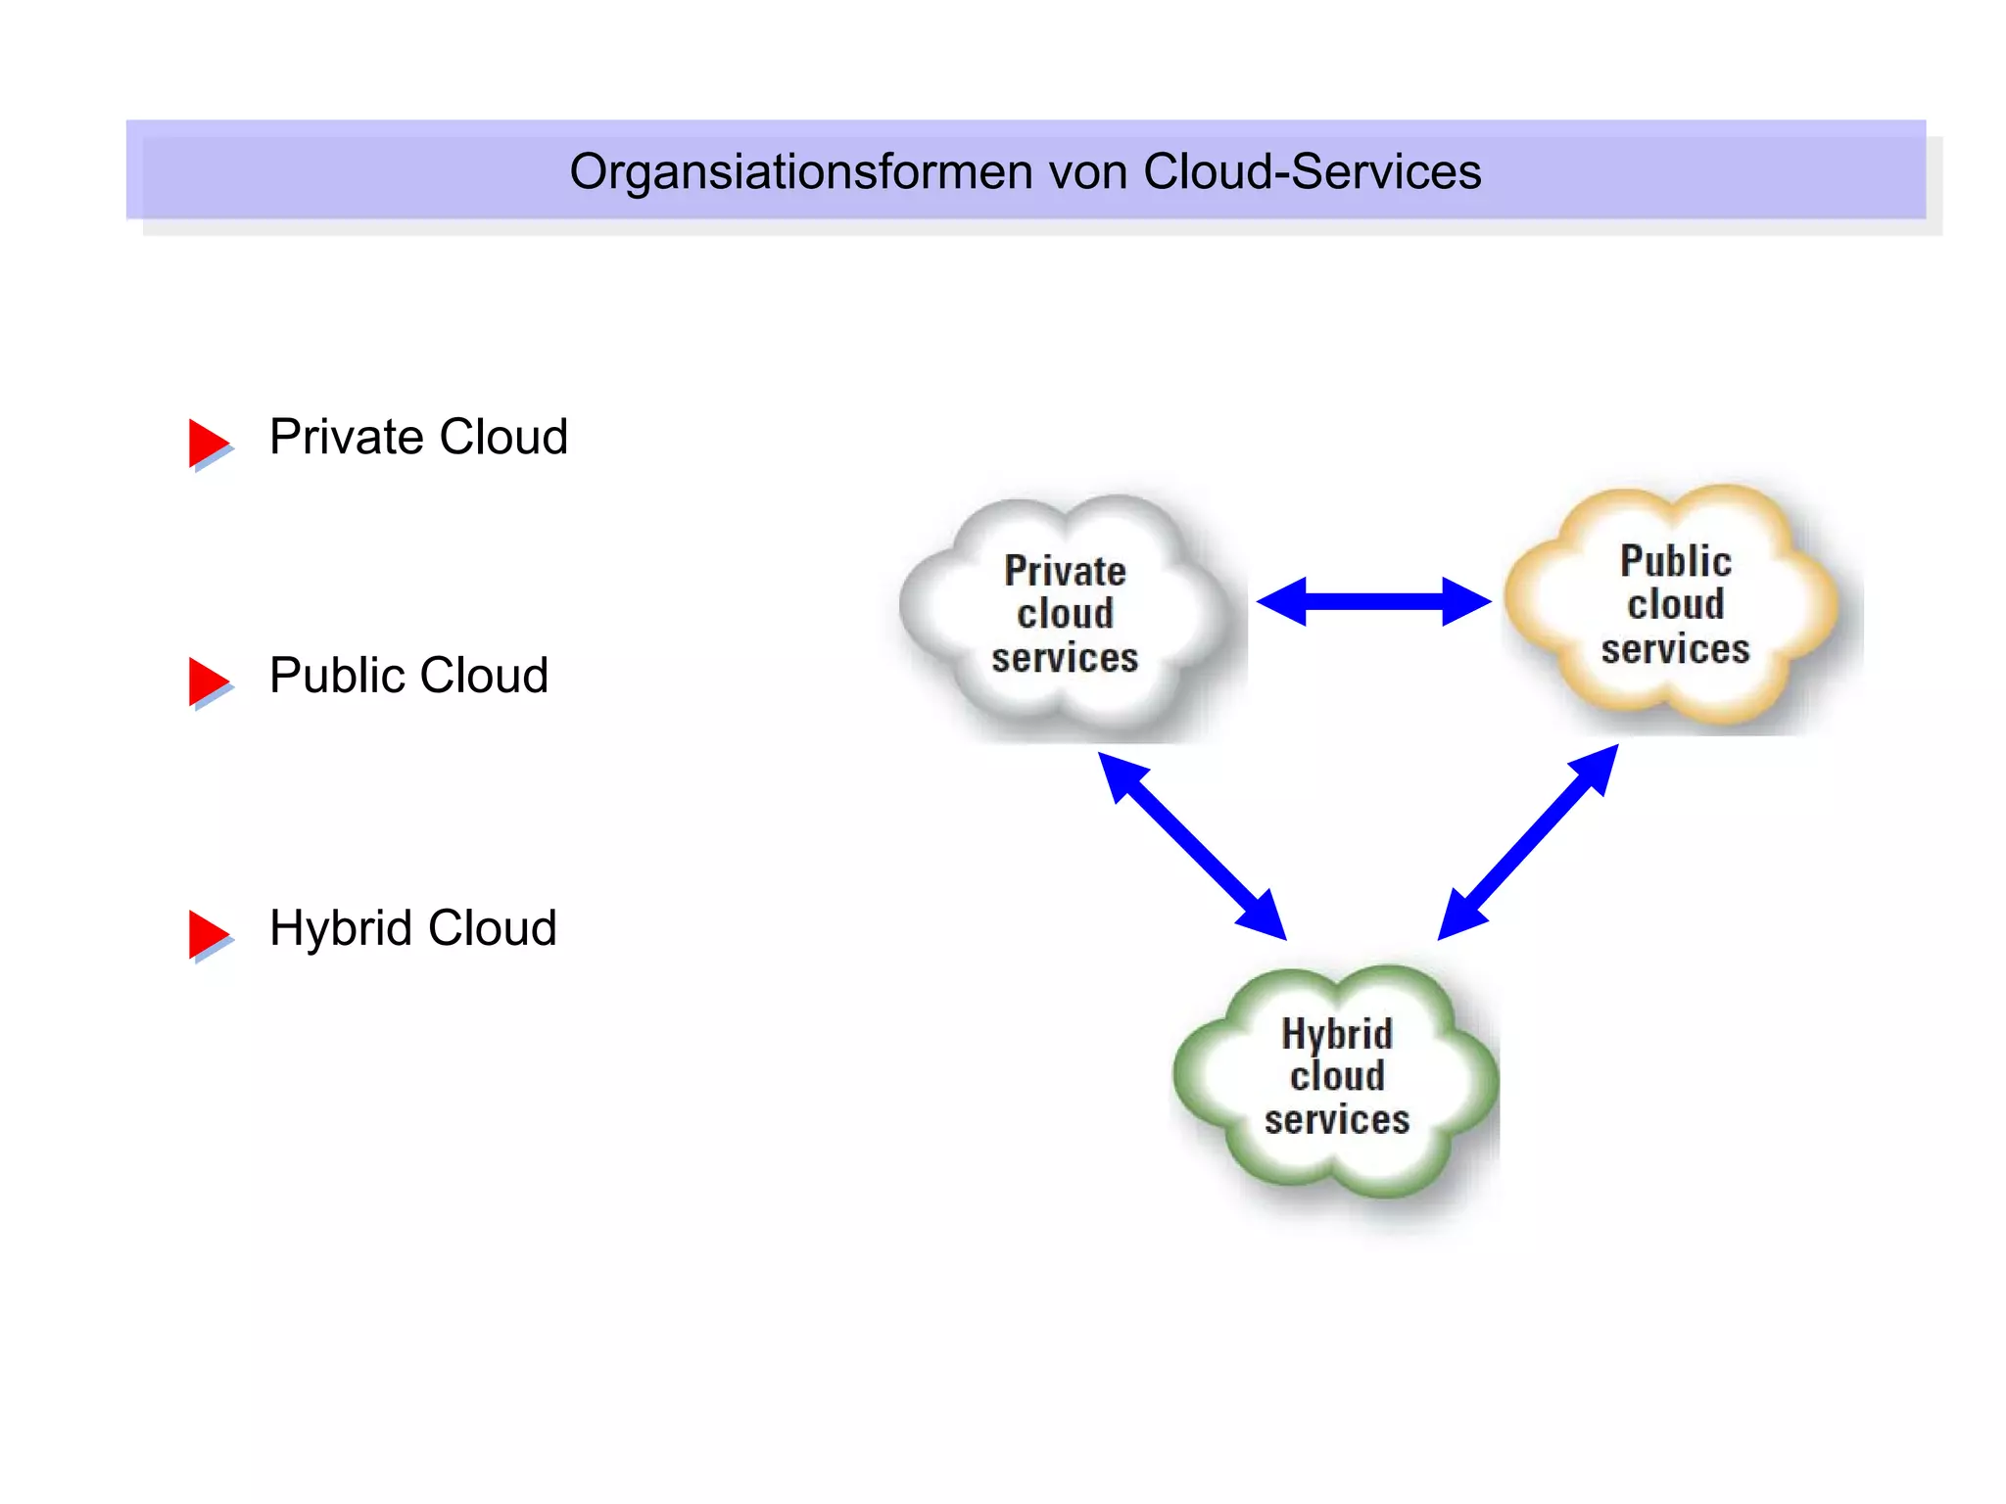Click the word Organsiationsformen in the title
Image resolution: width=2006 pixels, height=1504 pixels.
coord(801,173)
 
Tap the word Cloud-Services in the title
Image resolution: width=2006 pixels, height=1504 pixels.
coord(1312,171)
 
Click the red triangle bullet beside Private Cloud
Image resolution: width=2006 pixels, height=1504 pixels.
coord(208,443)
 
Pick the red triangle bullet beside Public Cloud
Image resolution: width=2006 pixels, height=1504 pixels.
coord(208,681)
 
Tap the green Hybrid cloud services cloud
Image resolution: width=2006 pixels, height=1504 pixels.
coord(1337,1077)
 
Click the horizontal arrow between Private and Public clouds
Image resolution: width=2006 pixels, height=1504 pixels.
coord(1373,601)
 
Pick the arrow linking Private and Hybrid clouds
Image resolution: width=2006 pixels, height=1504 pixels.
coord(1192,846)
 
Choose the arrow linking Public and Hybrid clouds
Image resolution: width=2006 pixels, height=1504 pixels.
coord(1528,842)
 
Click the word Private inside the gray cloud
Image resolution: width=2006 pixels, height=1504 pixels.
coord(1066,571)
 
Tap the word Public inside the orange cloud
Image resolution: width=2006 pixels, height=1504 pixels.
coord(1676,562)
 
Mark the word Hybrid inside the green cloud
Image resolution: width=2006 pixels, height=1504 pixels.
coord(1337,1034)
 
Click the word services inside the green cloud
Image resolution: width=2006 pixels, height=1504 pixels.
coord(1337,1120)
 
